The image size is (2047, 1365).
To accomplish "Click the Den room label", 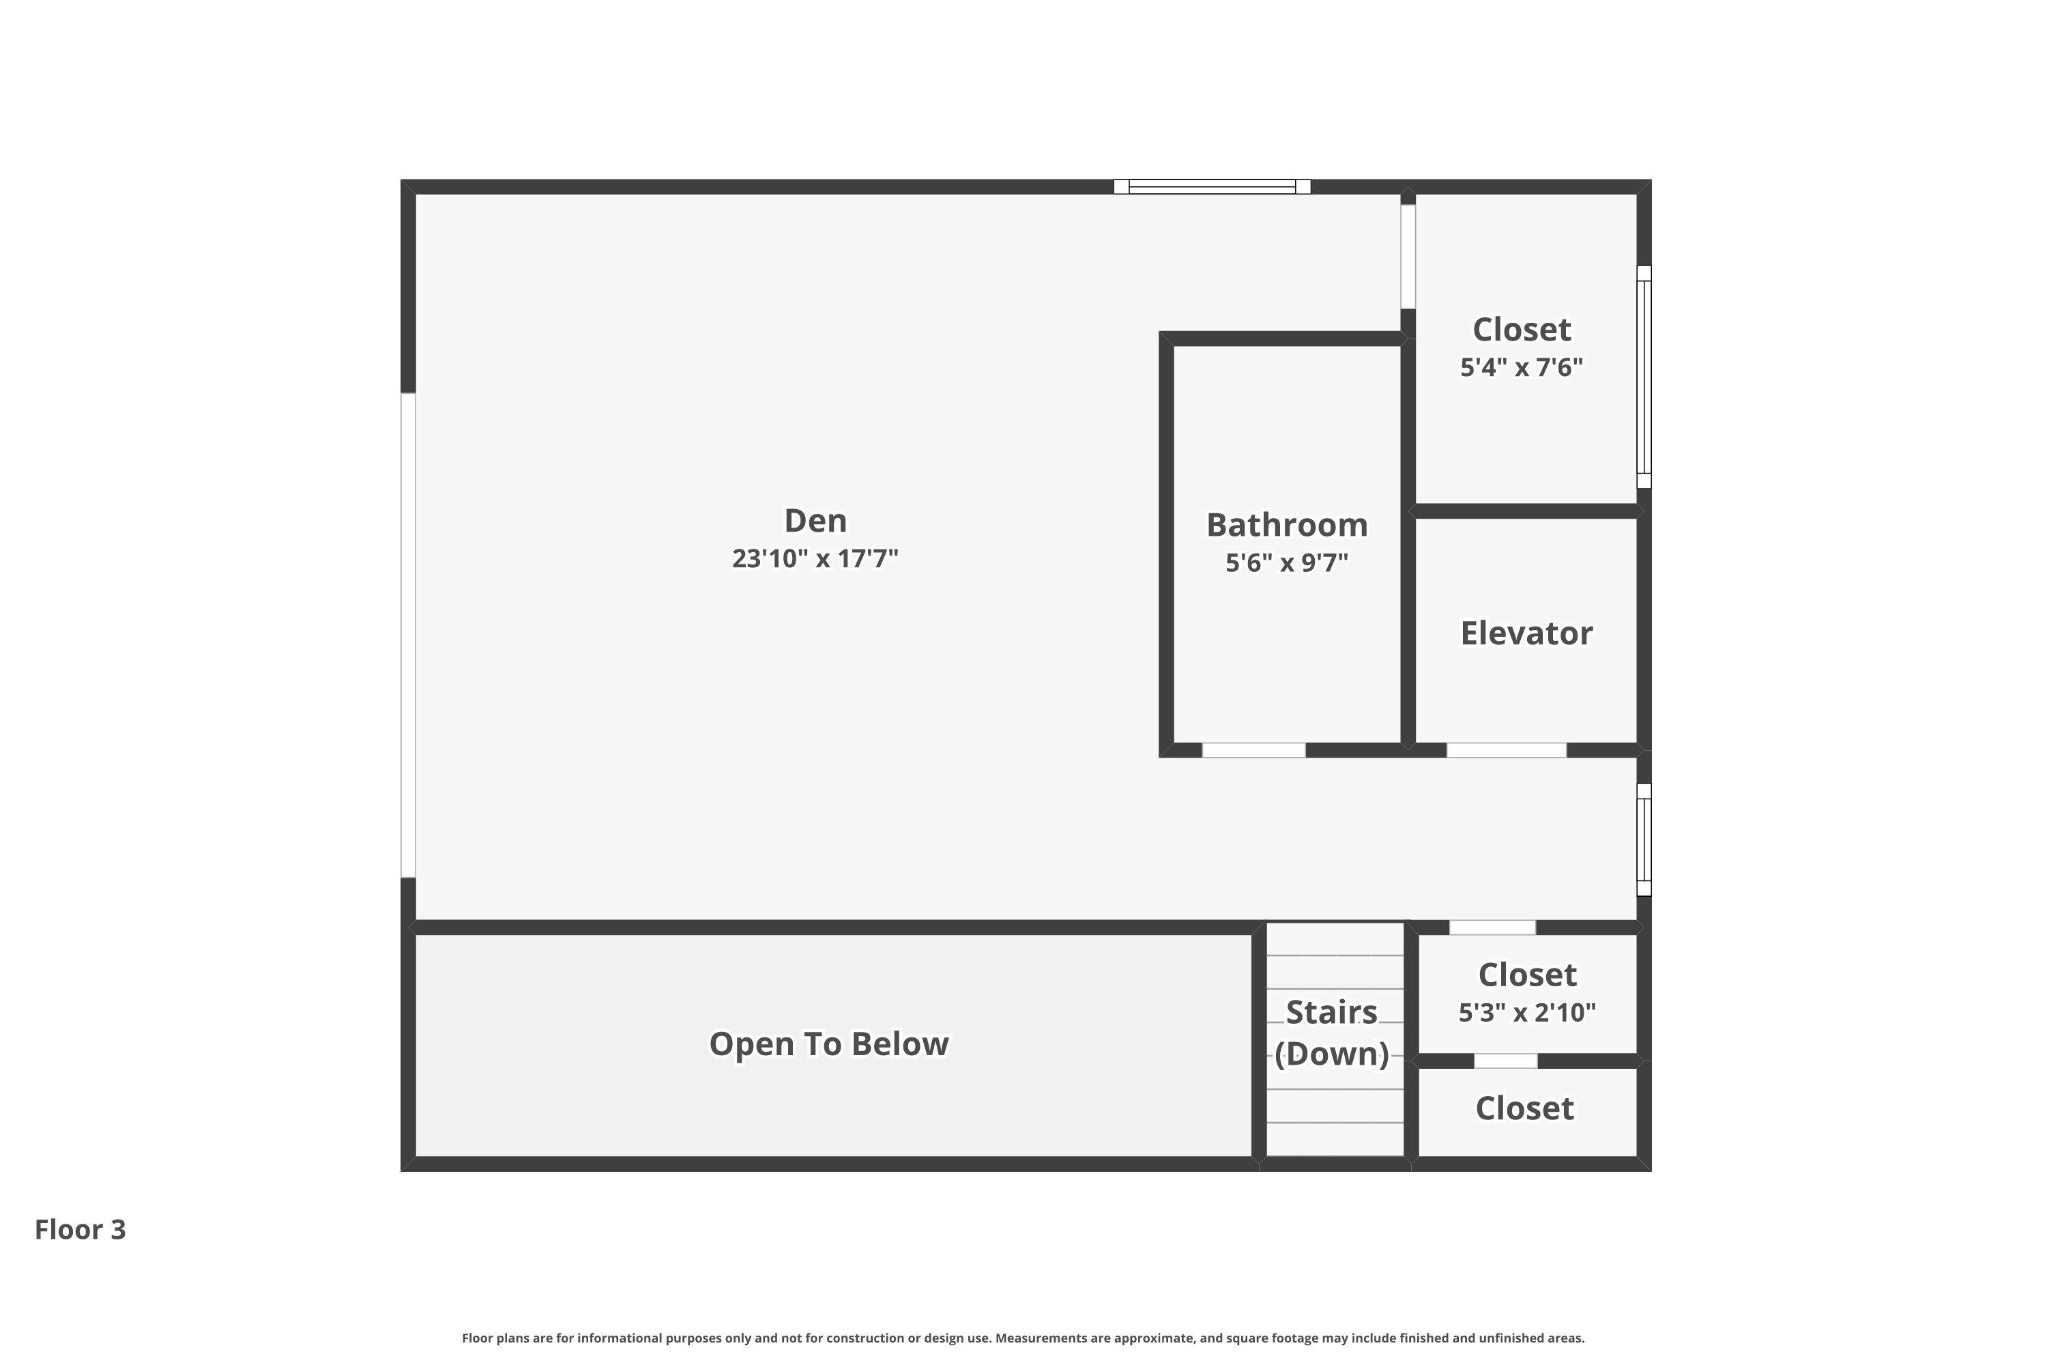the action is [x=815, y=521].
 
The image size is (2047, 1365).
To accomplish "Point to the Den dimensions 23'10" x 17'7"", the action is [x=815, y=558].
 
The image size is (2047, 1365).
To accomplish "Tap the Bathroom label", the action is [x=1286, y=525].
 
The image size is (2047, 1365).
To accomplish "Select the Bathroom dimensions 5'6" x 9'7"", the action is [x=1286, y=562].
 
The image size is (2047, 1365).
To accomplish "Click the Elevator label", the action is [x=1526, y=633].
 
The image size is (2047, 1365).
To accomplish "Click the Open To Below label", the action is [x=828, y=1044].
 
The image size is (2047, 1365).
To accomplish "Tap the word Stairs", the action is [x=1332, y=1012].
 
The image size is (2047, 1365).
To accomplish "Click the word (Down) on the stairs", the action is [x=1332, y=1054].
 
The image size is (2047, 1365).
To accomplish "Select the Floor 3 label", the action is [x=80, y=1229].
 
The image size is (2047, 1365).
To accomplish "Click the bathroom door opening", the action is [x=1253, y=750].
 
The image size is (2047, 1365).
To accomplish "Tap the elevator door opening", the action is [x=1506, y=750].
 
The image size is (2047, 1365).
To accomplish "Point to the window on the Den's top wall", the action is [x=1212, y=186].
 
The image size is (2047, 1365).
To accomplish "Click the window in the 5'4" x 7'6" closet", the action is [x=1643, y=377].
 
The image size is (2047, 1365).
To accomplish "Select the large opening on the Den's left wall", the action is [x=407, y=635].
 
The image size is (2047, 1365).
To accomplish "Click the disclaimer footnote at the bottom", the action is [x=1023, y=1338].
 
